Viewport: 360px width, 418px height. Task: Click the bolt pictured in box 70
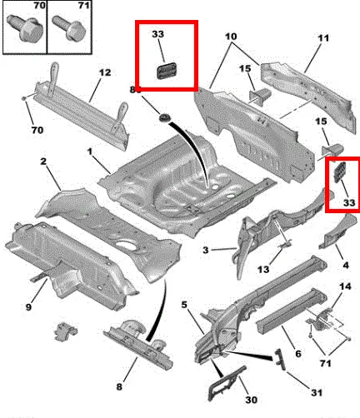22,27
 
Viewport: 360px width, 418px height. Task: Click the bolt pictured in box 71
69,27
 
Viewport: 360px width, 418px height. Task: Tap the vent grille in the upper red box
166,70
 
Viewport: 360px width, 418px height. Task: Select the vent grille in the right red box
339,172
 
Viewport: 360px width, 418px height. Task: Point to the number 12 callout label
105,72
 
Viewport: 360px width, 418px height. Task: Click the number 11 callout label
323,38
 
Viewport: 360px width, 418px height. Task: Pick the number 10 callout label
231,37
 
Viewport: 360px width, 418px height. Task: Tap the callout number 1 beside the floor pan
89,152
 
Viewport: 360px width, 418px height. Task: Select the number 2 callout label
43,162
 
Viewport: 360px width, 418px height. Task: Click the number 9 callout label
28,307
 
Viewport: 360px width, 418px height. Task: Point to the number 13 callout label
263,269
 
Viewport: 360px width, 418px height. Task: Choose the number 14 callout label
345,286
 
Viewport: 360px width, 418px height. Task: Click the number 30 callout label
251,400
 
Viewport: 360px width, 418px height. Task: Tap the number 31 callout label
317,392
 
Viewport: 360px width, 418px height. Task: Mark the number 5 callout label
184,305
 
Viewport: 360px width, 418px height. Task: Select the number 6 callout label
298,354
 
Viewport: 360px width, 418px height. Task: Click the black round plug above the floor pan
164,117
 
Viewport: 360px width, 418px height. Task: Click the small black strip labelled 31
279,359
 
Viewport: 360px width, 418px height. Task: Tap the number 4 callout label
345,266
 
